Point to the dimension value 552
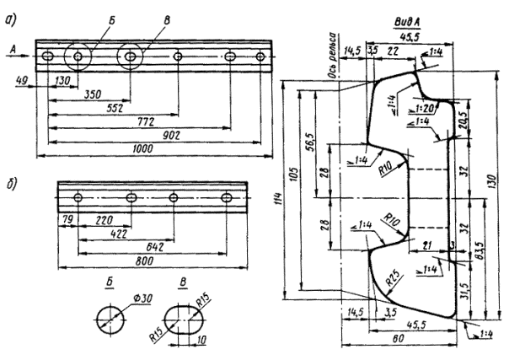(x=98, y=109)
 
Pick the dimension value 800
(x=144, y=261)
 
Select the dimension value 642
(x=155, y=248)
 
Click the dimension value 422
(x=119, y=235)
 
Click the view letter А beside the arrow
(x=16, y=50)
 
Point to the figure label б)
(x=15, y=185)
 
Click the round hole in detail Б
(x=109, y=317)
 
